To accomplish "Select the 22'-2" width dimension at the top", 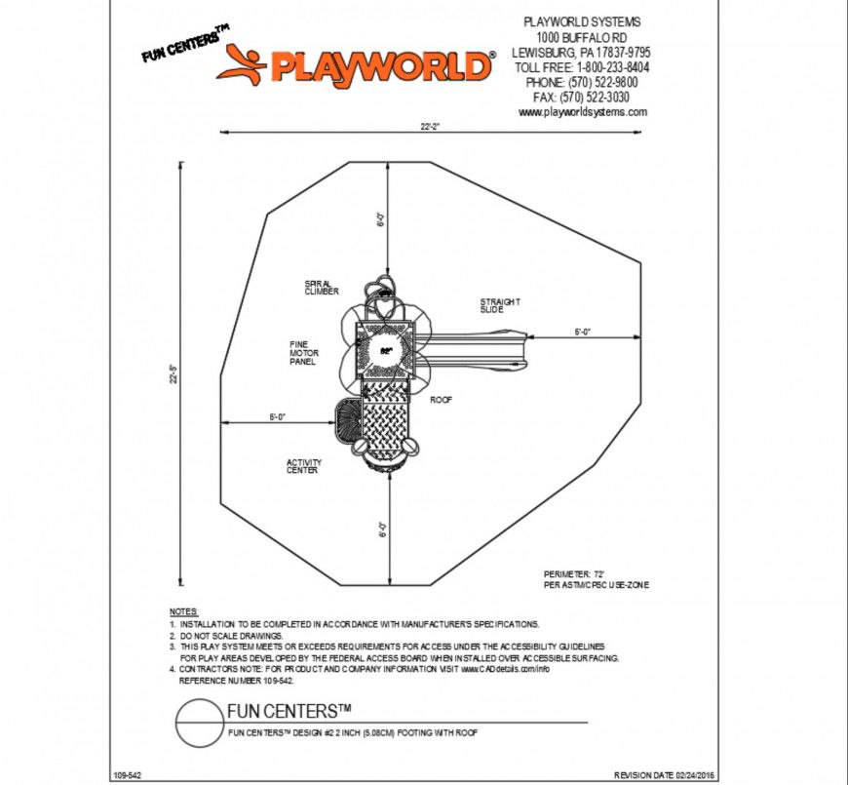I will [x=432, y=126].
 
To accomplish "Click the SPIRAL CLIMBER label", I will [x=321, y=288].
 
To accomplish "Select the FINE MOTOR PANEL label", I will [x=303, y=352].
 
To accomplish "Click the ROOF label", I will [x=442, y=399].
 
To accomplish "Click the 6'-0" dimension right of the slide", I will [x=583, y=333].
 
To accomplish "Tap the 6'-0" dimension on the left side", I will [x=277, y=417].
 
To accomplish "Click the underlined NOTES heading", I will [x=182, y=609].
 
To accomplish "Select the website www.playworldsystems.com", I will [x=583, y=112].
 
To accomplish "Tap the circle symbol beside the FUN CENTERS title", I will [x=195, y=725].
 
